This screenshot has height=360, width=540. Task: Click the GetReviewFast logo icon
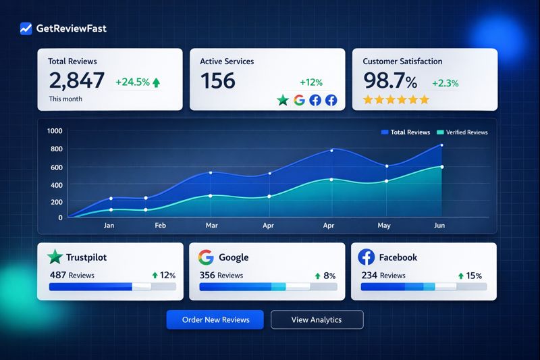click(26, 28)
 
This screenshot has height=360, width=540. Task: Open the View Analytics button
click(317, 319)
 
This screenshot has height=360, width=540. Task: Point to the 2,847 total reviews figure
click(76, 81)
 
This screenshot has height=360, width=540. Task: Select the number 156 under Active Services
click(218, 81)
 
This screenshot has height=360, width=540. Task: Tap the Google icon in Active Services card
click(300, 100)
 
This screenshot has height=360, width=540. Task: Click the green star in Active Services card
click(283, 100)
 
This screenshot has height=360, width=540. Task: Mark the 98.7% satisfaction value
click(391, 81)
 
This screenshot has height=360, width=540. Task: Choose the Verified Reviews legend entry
click(462, 132)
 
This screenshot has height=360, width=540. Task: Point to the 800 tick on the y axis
click(55, 149)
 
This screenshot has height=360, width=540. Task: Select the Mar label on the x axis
click(212, 226)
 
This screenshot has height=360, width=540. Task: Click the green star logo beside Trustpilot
click(55, 257)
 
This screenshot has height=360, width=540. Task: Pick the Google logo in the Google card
click(206, 257)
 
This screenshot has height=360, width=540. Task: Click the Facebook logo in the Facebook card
click(367, 257)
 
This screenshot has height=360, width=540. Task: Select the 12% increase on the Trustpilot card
click(163, 276)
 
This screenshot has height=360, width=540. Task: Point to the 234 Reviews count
click(383, 276)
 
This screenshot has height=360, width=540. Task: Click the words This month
click(65, 99)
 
